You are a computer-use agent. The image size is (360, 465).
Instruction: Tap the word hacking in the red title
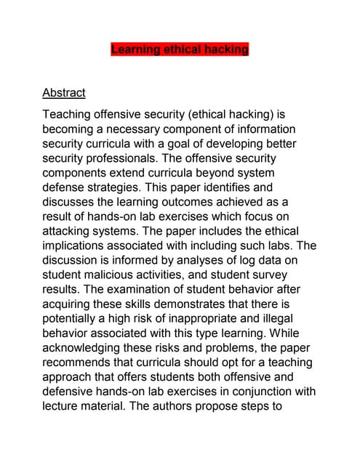point(226,50)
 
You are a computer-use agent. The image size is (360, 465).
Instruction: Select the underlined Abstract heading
point(64,93)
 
